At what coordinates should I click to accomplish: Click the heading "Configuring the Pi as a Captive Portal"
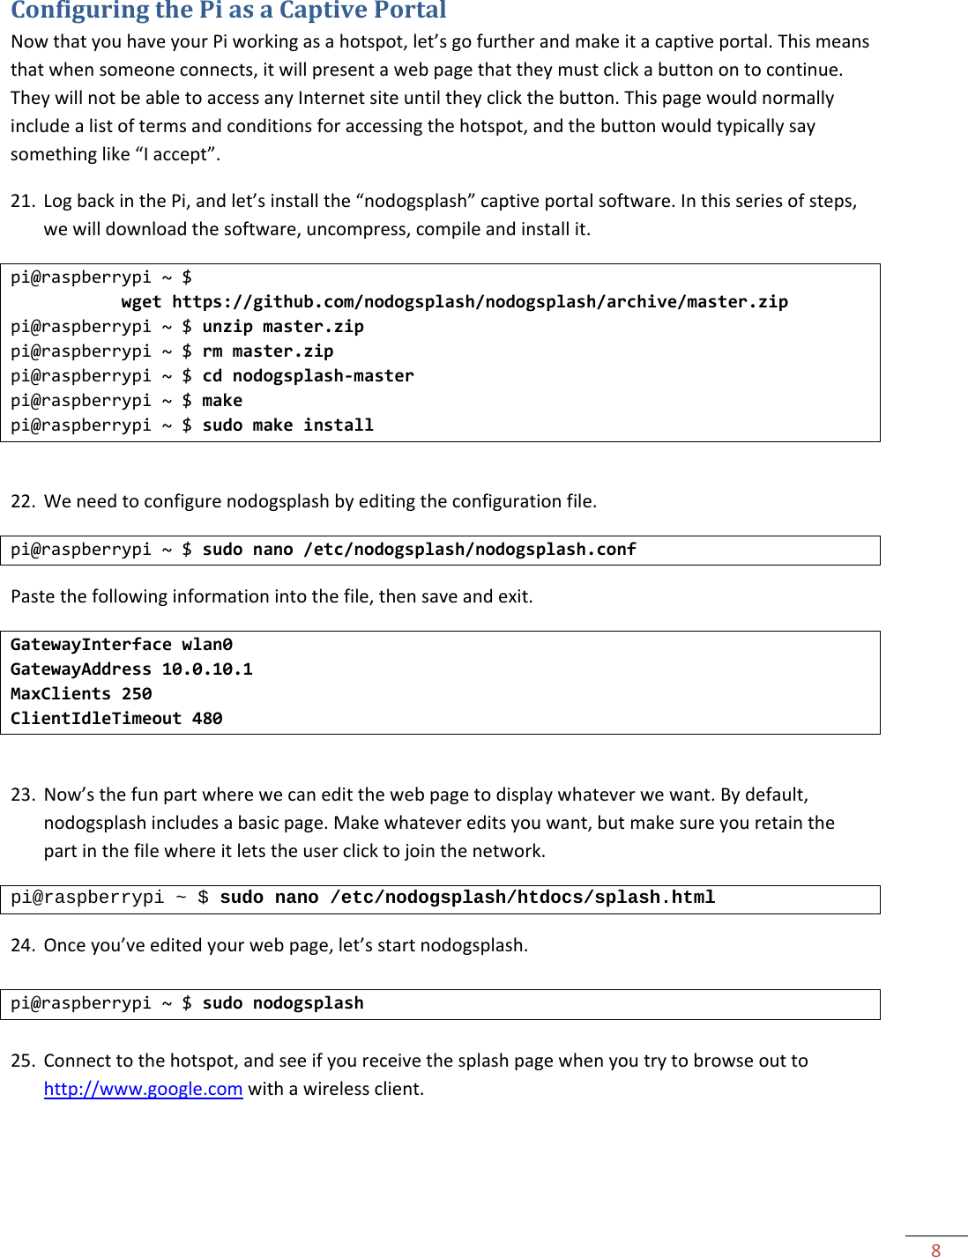[x=228, y=11]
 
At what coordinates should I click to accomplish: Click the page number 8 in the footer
[x=935, y=1249]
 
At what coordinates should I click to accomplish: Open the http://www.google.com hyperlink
[x=143, y=1089]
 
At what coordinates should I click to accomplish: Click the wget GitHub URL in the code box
[x=480, y=302]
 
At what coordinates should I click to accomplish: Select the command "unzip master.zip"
[x=283, y=327]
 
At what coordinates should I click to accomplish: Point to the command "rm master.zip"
[x=268, y=351]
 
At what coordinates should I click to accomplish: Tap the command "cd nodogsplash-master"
[x=308, y=376]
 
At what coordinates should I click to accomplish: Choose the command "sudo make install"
[x=287, y=425]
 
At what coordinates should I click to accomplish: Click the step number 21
[x=22, y=201]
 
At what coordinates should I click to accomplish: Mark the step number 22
[x=22, y=501]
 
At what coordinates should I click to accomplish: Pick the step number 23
[x=22, y=795]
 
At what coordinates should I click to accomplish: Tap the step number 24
[x=22, y=945]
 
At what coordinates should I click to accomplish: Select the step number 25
[x=22, y=1061]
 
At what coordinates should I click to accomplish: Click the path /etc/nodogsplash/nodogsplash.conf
[x=469, y=550]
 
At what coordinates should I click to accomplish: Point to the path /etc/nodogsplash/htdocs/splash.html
[x=522, y=898]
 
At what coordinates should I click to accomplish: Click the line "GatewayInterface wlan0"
[x=122, y=645]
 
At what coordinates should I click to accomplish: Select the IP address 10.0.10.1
[x=207, y=669]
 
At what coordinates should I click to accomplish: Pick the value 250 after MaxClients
[x=137, y=694]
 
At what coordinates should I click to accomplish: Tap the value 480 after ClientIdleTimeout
[x=207, y=719]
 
